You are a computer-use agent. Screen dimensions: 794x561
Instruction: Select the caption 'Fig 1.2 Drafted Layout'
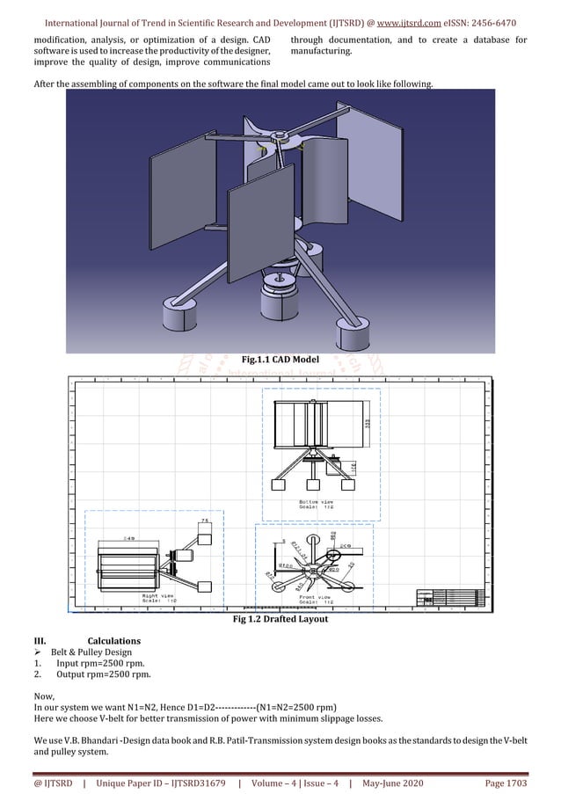tap(280, 619)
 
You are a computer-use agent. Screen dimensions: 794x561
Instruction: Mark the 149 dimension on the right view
tap(128, 538)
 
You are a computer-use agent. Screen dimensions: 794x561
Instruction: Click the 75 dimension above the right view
tap(204, 521)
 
